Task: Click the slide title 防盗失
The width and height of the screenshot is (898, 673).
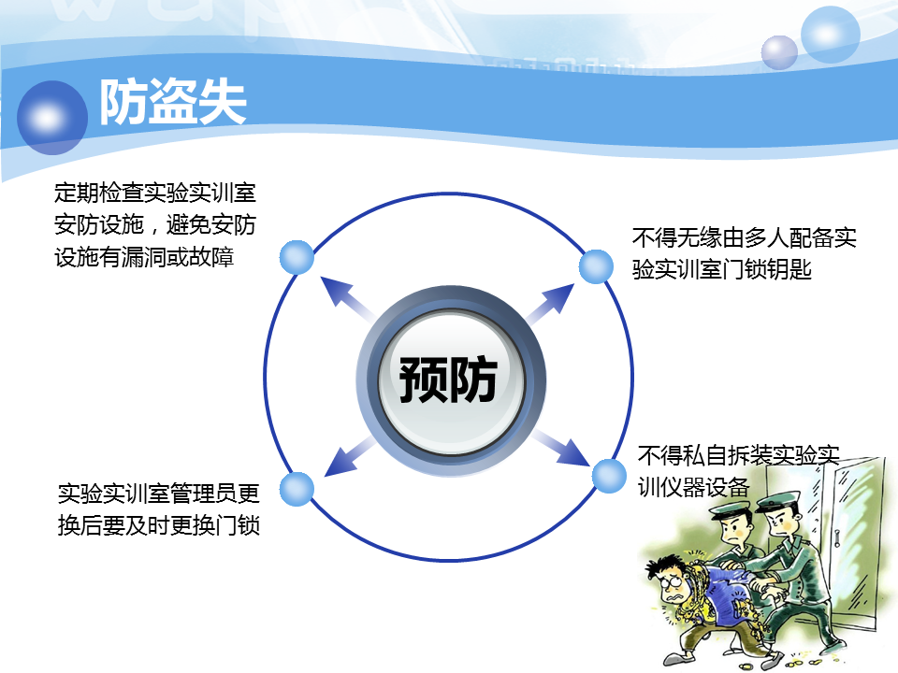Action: coord(173,102)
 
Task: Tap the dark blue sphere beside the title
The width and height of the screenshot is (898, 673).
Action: coord(52,118)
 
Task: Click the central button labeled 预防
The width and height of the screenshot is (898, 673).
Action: coord(451,379)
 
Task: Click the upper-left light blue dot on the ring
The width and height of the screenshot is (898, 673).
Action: coord(297,258)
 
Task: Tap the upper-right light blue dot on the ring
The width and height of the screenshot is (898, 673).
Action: coord(596,266)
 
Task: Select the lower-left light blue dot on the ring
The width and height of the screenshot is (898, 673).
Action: coord(297,489)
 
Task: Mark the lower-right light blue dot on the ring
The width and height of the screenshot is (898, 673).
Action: coord(609,476)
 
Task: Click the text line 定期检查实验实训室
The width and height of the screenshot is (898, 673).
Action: coord(155,193)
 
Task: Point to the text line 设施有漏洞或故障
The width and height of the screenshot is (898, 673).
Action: coord(144,257)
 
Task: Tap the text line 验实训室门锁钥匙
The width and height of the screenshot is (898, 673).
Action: coord(721,269)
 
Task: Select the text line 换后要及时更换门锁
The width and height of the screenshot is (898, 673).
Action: coord(159,524)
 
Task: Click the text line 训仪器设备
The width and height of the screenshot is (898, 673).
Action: coord(693,488)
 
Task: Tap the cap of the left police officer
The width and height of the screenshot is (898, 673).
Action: coord(731,509)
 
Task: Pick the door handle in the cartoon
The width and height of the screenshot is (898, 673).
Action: coord(836,538)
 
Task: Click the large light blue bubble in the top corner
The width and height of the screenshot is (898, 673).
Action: coord(831,35)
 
